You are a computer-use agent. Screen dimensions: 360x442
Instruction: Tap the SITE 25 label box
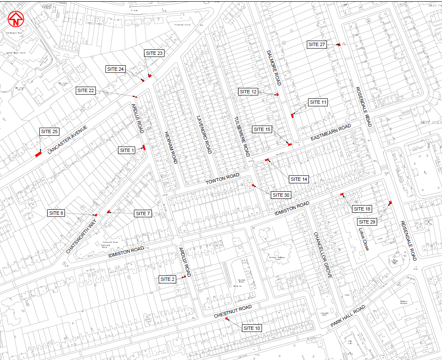click(49, 131)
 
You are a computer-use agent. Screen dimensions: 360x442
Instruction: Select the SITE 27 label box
click(317, 44)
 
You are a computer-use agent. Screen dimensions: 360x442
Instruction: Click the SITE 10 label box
click(252, 328)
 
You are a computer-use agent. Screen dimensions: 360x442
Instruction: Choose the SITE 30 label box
click(281, 195)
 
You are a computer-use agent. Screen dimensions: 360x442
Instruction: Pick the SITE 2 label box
click(167, 279)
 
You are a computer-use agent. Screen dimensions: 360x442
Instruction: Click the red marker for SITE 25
click(38, 154)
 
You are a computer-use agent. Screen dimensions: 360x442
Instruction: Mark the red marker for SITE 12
click(277, 95)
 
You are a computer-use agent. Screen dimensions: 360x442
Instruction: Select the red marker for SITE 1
click(144, 147)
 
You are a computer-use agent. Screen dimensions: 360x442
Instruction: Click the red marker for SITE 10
click(226, 319)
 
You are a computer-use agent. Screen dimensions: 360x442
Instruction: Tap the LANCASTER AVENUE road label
click(67, 140)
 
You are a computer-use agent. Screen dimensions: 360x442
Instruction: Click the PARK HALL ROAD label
click(348, 316)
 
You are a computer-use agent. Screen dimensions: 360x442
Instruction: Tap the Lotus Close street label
click(363, 239)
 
